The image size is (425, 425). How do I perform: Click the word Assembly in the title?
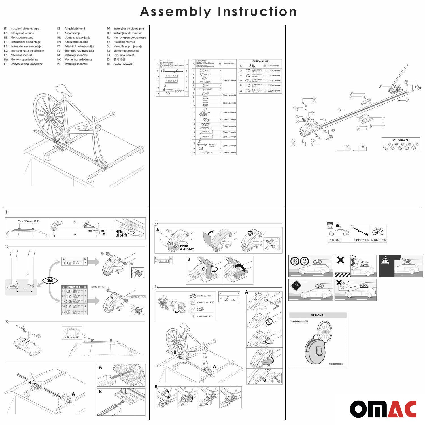pos(175,12)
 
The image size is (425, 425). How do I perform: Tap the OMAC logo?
pos(383,409)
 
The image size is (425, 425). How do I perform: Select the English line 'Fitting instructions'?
pos(22,33)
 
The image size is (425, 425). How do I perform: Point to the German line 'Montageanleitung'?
pos(22,37)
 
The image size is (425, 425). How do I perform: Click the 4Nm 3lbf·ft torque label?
pos(122,233)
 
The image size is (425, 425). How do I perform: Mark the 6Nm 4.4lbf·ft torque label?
pos(187,247)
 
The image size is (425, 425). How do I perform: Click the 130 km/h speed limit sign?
pos(295,261)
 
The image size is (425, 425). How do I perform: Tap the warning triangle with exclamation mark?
pos(385,260)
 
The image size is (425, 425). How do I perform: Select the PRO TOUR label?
pos(335,240)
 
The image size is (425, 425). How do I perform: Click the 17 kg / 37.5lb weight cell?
pos(378,240)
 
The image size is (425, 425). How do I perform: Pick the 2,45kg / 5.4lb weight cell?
pos(361,240)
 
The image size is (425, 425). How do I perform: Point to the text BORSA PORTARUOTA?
pos(299,322)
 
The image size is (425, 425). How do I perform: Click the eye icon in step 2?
pos(50,280)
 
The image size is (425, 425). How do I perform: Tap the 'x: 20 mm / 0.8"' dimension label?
pos(72,337)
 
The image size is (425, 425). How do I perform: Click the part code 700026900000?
pos(229,112)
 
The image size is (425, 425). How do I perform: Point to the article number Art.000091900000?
pos(337,364)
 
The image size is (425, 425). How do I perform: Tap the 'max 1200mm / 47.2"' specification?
pos(205,302)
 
